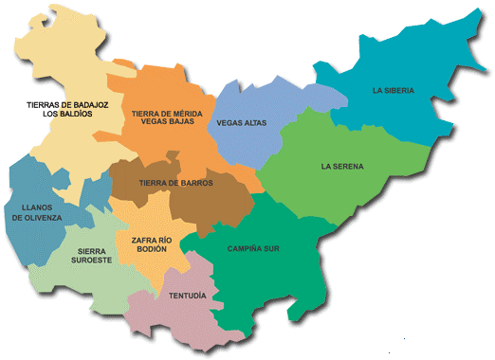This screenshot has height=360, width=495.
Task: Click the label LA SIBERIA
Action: [394, 91]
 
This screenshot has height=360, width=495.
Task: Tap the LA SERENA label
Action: [342, 167]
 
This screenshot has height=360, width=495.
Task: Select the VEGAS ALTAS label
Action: [242, 123]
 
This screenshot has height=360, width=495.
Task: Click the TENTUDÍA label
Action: [187, 296]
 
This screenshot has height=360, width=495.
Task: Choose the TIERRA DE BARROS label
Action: [175, 183]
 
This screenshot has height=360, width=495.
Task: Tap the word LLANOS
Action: [36, 207]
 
